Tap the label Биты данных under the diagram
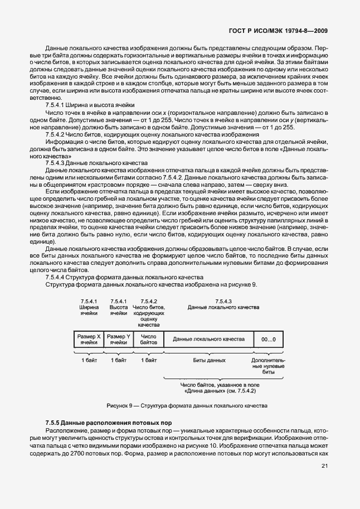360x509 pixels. coord(209,361)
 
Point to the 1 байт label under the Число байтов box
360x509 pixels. coord(148,361)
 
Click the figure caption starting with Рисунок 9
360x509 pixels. coord(179,405)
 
